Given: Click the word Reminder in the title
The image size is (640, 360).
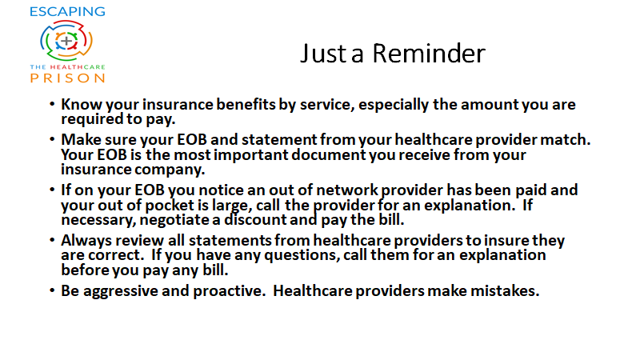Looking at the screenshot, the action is (429, 54).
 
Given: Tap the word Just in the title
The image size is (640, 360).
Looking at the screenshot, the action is (323, 54).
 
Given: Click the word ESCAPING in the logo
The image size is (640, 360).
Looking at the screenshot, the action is (67, 11).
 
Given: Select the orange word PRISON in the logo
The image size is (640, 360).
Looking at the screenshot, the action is (67, 78).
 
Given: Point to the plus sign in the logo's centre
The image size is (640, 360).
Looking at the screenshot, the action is (66, 41).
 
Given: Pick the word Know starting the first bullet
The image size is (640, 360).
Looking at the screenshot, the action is (82, 105).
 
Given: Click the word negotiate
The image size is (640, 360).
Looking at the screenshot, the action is (175, 221).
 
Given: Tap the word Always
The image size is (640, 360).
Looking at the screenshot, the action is (86, 241).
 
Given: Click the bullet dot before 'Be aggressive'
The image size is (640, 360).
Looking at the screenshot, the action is (52, 290).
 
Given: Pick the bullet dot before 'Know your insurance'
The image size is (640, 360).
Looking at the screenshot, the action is (52, 104).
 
